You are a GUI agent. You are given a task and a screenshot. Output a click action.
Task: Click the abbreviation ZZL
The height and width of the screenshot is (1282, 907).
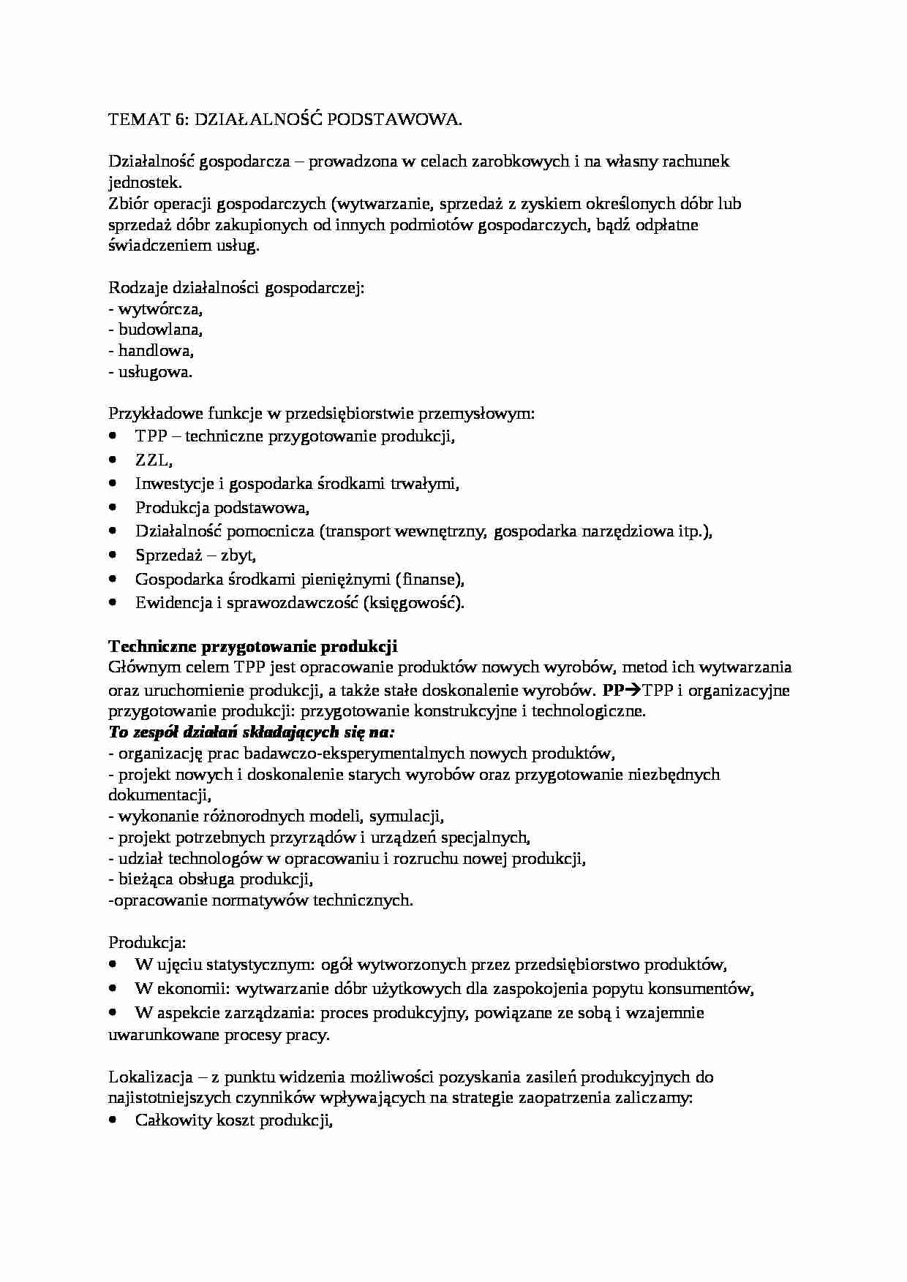pos(153,460)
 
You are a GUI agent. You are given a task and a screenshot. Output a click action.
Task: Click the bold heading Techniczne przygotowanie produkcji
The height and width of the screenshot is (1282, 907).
pos(252,646)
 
